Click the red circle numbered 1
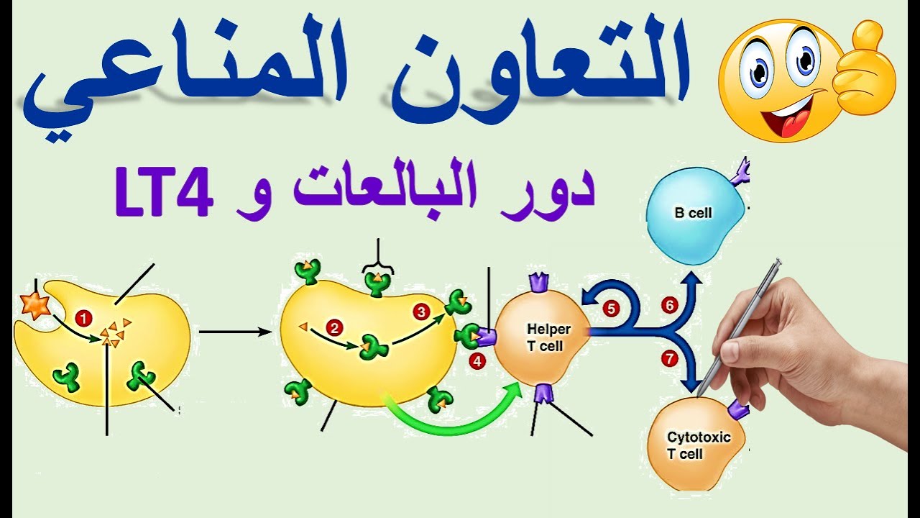pyautogui.click(x=85, y=317)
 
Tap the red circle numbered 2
pyautogui.click(x=333, y=328)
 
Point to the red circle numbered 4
pyautogui.click(x=478, y=362)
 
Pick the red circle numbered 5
pyautogui.click(x=611, y=309)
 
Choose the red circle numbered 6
pyautogui.click(x=670, y=306)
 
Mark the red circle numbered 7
pyautogui.click(x=669, y=358)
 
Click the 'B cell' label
pyautogui.click(x=693, y=213)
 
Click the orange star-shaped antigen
pyautogui.click(x=34, y=305)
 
